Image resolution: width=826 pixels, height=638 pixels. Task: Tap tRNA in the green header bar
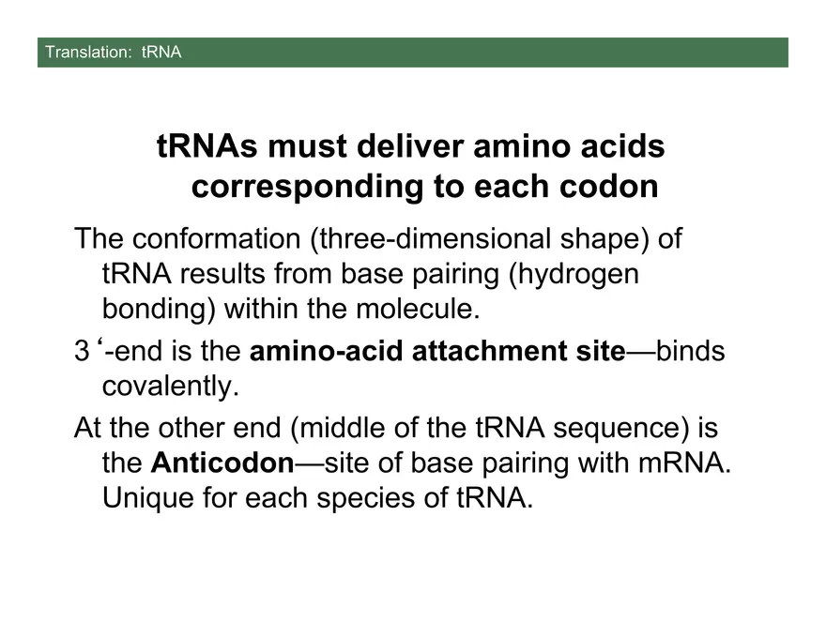161,53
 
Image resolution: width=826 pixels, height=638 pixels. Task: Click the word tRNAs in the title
207,147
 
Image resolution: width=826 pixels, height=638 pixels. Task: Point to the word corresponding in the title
306,187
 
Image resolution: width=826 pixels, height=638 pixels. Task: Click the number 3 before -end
82,351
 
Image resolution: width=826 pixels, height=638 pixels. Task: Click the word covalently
165,385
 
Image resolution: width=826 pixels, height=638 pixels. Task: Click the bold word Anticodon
222,463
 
